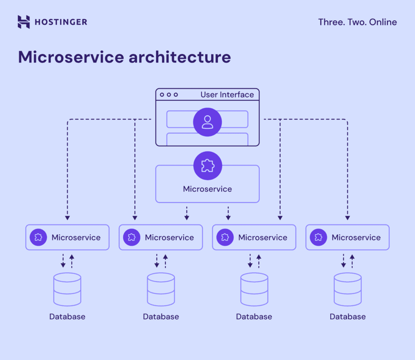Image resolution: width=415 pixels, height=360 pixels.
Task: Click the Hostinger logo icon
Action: [x=24, y=22]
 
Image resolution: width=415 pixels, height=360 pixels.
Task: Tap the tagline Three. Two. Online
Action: [x=357, y=22]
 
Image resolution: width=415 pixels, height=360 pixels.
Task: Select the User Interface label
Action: [x=227, y=95]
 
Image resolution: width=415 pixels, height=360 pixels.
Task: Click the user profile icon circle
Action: [x=207, y=122]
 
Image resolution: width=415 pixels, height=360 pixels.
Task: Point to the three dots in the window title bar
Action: [x=169, y=95]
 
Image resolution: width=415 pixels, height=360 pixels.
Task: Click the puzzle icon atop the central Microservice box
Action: [x=207, y=165]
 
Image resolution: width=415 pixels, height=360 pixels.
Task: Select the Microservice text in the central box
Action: [x=207, y=189]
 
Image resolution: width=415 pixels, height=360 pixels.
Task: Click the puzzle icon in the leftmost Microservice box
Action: [x=38, y=237]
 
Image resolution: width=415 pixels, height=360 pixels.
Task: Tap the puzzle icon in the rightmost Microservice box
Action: [x=319, y=237]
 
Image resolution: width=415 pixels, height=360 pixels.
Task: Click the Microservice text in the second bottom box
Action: [x=169, y=238]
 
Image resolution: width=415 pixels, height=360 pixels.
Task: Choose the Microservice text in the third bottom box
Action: [x=263, y=238]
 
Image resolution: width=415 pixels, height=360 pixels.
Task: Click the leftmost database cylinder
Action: [x=67, y=290]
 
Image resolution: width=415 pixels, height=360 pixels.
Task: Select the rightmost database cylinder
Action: [x=348, y=290]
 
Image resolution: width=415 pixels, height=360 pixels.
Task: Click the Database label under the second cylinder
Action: [x=161, y=317]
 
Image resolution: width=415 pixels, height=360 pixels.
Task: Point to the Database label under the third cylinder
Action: [x=254, y=317]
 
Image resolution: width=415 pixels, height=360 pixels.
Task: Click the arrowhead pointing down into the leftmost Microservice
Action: [x=67, y=217]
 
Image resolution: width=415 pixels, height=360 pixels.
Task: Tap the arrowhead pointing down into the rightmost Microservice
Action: [x=348, y=217]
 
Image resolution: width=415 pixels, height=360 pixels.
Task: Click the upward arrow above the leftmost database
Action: [x=72, y=257]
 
